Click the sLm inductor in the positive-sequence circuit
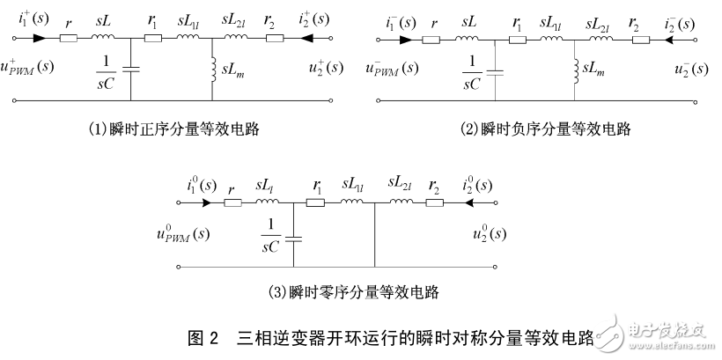pos(212,69)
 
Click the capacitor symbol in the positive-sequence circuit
pos(131,70)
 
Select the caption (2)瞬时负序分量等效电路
pos(545,129)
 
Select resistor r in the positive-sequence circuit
pos(69,39)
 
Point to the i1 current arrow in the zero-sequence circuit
pos(205,202)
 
